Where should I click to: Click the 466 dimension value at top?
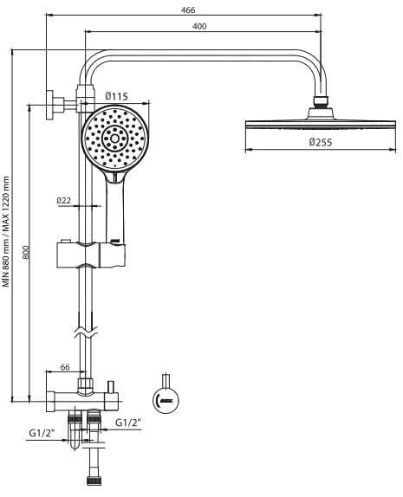(188, 10)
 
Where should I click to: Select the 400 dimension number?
(199, 26)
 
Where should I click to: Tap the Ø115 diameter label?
(116, 96)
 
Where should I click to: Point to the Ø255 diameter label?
(321, 142)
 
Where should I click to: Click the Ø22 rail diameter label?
(64, 200)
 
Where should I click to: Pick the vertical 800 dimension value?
(26, 252)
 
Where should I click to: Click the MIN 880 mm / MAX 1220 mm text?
(6, 232)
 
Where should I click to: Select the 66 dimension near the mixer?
(65, 367)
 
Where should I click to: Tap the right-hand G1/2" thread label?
(128, 423)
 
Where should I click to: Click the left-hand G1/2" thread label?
(42, 433)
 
